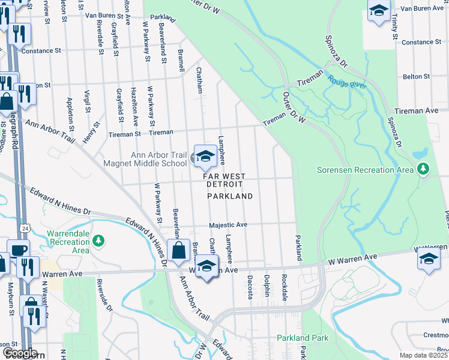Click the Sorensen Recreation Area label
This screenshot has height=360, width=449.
coord(366,170)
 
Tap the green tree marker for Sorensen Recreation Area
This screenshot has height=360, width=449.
coord(424,169)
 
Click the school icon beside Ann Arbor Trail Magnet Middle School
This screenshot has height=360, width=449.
coord(205,157)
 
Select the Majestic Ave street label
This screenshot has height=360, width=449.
coord(228,225)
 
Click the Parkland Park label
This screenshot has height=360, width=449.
coord(303,338)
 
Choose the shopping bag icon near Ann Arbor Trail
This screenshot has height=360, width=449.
coord(178,251)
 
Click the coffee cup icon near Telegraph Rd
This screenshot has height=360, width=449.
coord(18,250)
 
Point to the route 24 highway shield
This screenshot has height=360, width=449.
coord(24,229)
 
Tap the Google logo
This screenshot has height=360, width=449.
coord(20,353)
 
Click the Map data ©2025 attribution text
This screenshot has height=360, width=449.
coord(423,355)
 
